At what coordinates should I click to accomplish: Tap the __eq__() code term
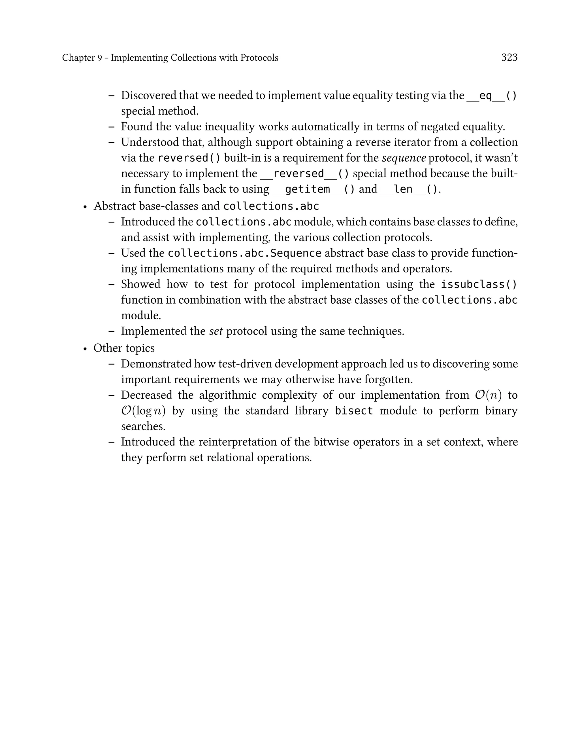[x=492, y=96]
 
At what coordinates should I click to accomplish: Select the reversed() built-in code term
[x=189, y=158]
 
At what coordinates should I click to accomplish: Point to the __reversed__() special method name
[x=304, y=174]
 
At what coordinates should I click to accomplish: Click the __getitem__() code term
[x=313, y=189]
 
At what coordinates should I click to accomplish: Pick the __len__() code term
[x=409, y=189]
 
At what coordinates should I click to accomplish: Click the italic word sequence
[x=404, y=158]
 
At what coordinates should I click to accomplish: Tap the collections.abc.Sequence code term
[x=244, y=253]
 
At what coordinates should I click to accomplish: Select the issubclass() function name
[x=479, y=284]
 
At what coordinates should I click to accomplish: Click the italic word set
[x=216, y=331]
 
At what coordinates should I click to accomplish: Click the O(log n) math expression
[x=143, y=411]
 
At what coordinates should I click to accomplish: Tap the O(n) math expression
[x=488, y=395]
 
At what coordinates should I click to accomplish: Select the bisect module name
[x=354, y=411]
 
